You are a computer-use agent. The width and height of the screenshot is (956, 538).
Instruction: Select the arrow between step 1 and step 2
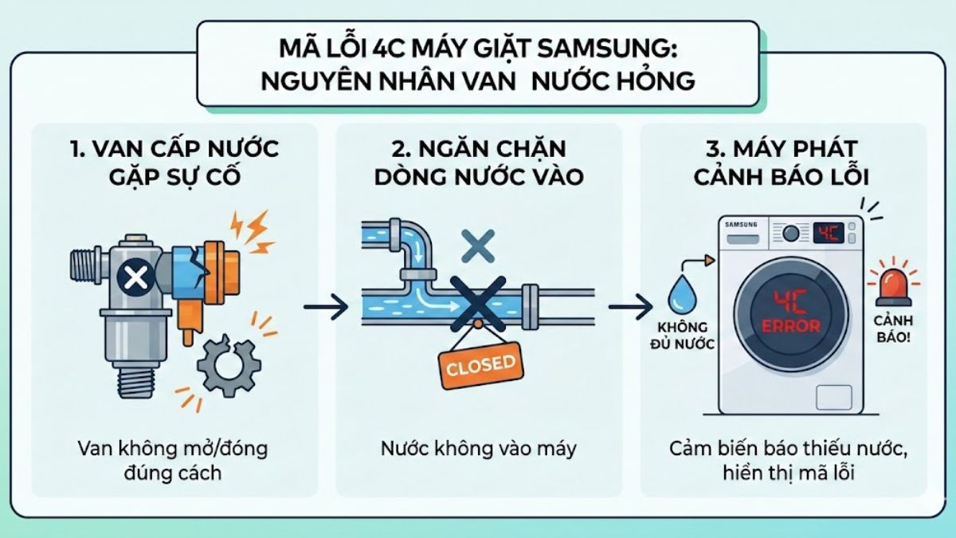(326, 306)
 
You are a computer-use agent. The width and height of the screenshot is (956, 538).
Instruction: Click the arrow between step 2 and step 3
(630, 306)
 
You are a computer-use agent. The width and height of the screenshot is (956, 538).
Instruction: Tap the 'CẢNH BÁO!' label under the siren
(891, 328)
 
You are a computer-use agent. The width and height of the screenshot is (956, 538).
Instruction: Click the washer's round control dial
(791, 234)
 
